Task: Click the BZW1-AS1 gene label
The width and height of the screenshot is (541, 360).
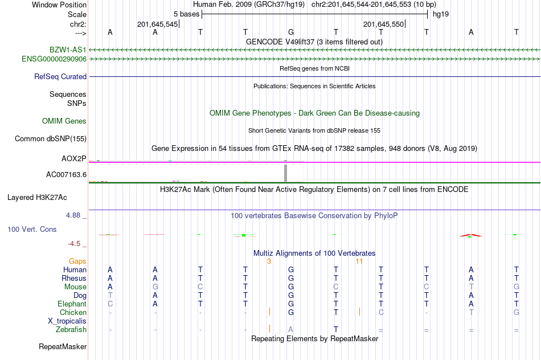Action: pos(68,50)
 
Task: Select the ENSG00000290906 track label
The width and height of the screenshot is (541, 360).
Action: pos(54,59)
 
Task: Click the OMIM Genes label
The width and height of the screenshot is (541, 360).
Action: pos(64,121)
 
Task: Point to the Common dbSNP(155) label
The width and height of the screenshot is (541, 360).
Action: pos(51,138)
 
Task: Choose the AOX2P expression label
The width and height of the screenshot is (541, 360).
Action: pos(74,158)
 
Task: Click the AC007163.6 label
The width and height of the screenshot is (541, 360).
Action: pos(66,174)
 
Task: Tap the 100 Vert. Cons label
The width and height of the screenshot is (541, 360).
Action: pos(32,229)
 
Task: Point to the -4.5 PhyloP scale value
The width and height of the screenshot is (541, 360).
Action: pos(75,244)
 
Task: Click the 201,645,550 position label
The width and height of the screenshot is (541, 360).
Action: pos(383,24)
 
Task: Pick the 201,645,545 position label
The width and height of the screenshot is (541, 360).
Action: pos(157,24)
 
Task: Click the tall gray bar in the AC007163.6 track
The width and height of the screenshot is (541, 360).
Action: pos(286,173)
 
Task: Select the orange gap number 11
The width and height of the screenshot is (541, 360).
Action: pos(359,261)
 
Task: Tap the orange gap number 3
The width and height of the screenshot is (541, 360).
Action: pos(269,261)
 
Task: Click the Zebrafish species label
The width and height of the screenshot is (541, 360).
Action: pos(71,330)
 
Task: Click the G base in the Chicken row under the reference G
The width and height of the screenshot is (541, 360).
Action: pos(291,313)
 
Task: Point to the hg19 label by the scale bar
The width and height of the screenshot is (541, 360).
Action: pos(441,14)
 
